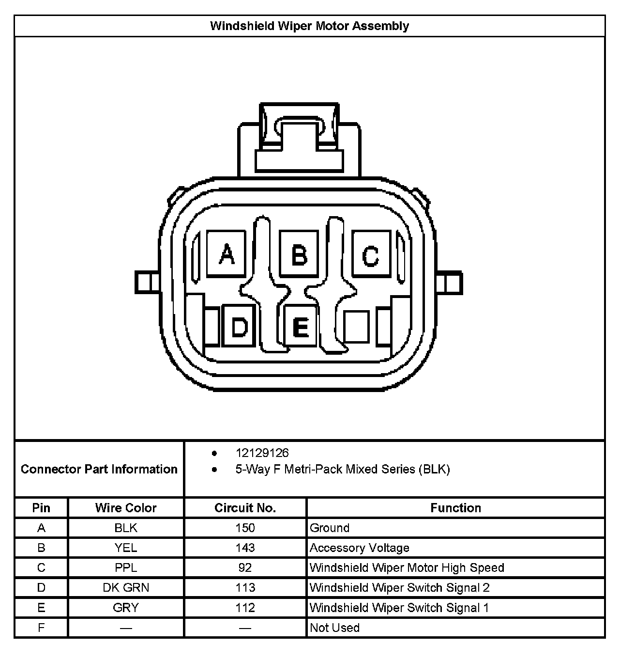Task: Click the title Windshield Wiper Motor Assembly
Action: click(309, 26)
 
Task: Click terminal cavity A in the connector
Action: click(226, 253)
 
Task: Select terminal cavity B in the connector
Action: click(299, 253)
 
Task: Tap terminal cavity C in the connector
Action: click(371, 253)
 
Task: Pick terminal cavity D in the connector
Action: click(239, 326)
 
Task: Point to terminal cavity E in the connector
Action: click(301, 326)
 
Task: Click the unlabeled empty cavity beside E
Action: click(357, 326)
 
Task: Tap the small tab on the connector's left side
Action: click(147, 282)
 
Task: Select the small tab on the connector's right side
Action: click(451, 282)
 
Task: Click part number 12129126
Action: click(262, 453)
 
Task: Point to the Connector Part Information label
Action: click(99, 469)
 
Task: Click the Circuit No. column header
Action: click(245, 508)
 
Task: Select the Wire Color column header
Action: click(126, 508)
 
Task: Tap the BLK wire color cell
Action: click(126, 528)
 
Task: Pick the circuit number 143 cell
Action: click(245, 548)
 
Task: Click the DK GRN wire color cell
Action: click(126, 588)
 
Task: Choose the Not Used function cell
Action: click(334, 628)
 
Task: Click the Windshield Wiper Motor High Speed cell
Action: click(407, 567)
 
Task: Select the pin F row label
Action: click(41, 628)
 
